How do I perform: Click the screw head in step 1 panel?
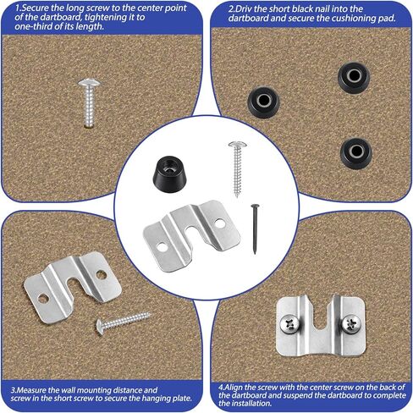click(x=89, y=83)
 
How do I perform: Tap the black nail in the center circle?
click(x=255, y=229)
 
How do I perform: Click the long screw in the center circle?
click(x=238, y=168)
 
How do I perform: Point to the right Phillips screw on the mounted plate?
click(x=351, y=324)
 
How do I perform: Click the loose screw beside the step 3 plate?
click(x=124, y=322)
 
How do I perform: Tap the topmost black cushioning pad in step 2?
click(x=354, y=77)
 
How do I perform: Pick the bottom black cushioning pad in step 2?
click(x=356, y=153)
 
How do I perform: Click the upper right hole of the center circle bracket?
click(x=220, y=223)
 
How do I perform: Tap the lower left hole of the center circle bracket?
click(x=162, y=246)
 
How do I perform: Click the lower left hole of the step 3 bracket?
click(x=43, y=299)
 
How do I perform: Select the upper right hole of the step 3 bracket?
click(x=101, y=274)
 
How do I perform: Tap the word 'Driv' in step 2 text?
click(x=243, y=9)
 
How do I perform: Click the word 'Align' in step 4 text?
click(x=233, y=388)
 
